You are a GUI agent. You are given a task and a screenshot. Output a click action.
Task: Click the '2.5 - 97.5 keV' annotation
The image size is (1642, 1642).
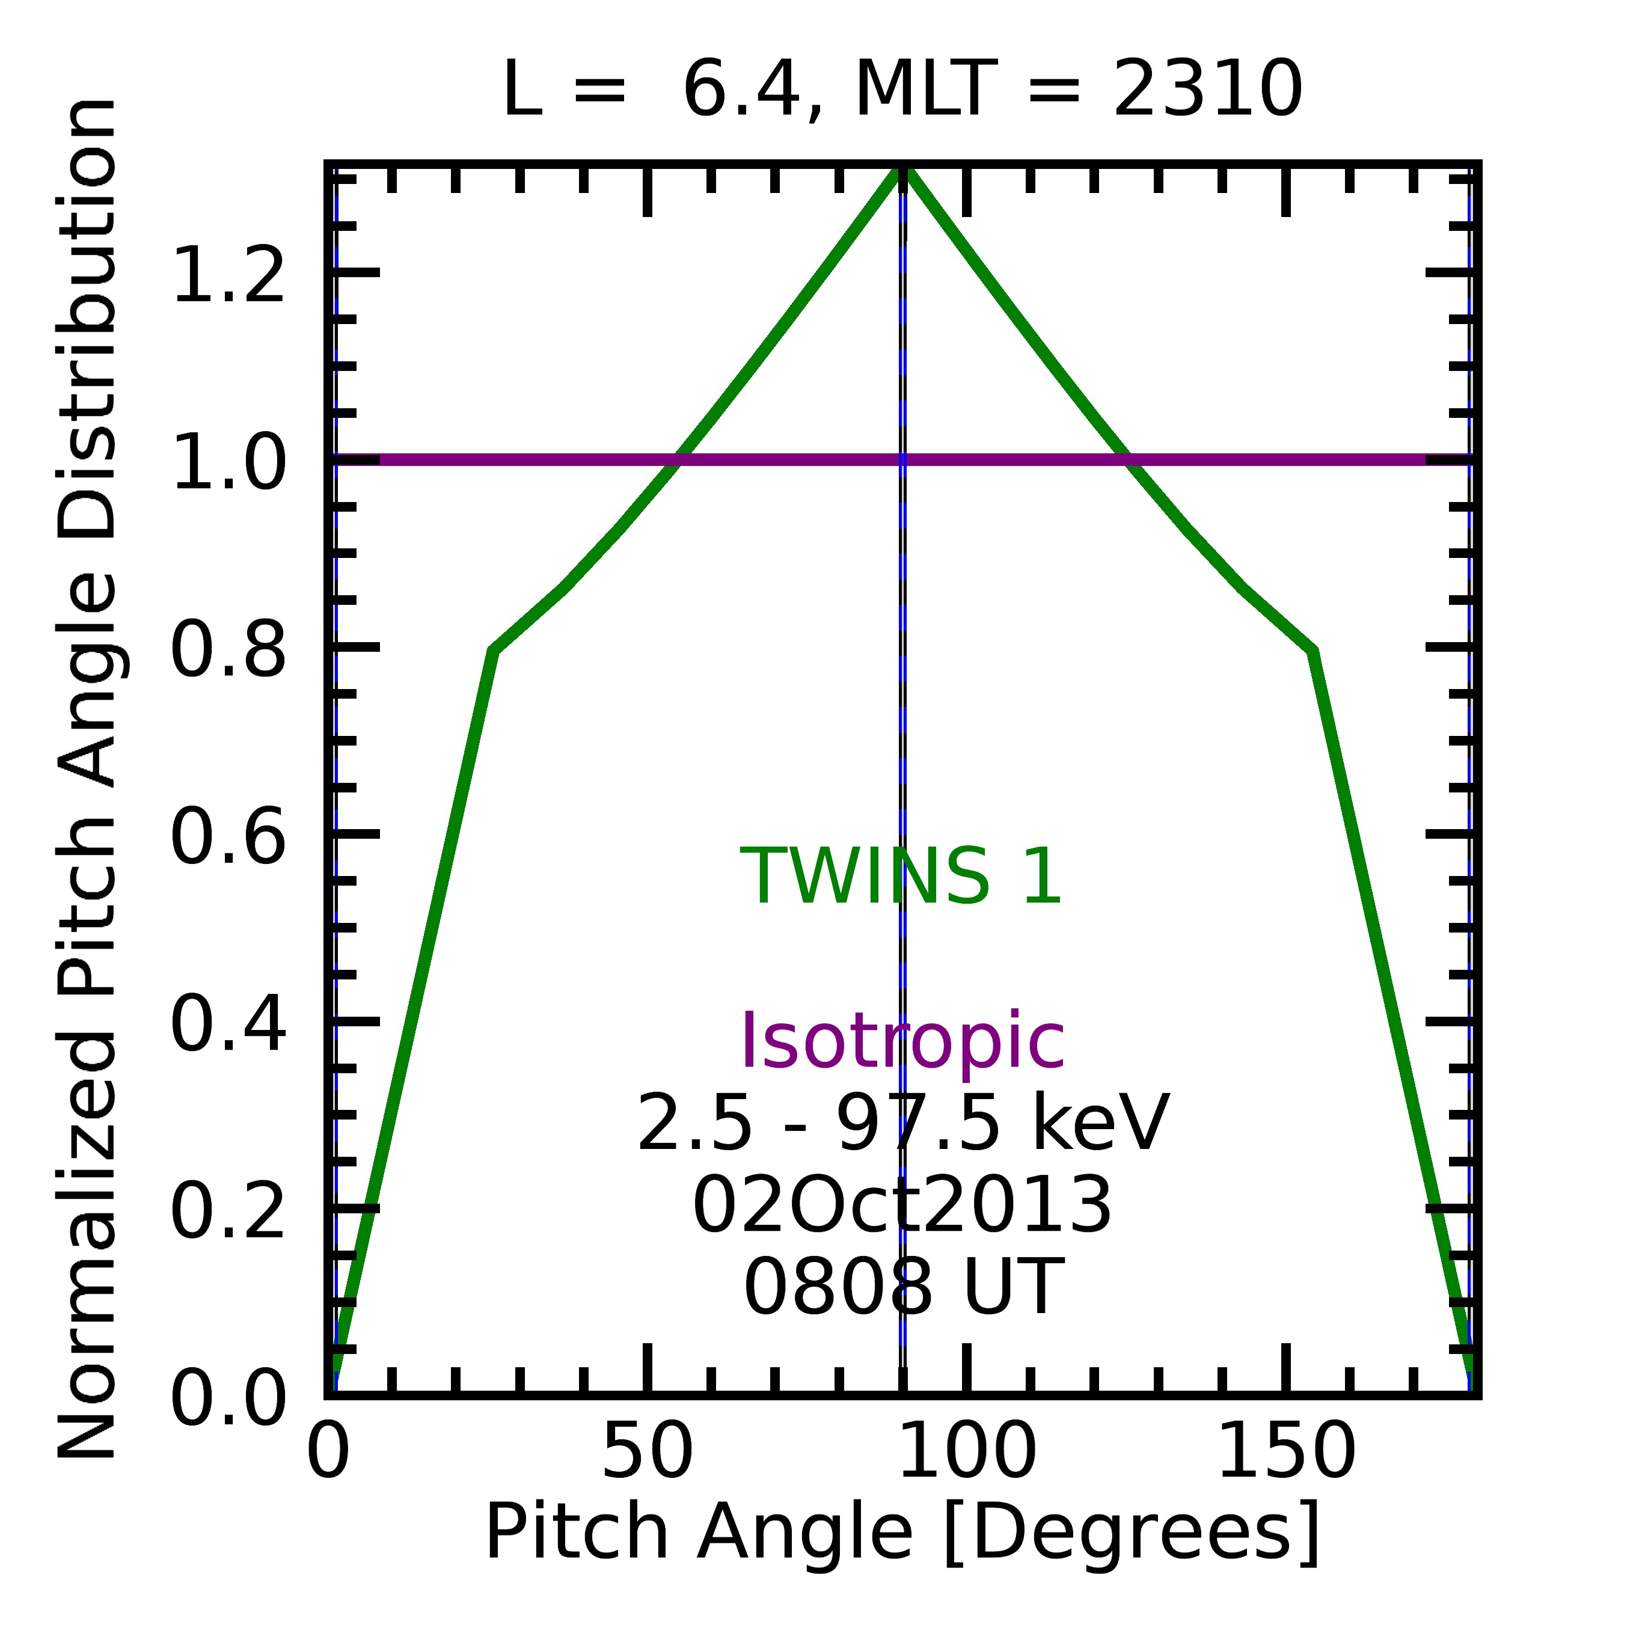(x=902, y=1124)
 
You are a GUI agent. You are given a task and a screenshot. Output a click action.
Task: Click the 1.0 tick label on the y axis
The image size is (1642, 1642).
(x=228, y=463)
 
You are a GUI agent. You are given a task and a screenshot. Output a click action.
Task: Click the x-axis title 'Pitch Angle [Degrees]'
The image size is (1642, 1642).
(x=902, y=1533)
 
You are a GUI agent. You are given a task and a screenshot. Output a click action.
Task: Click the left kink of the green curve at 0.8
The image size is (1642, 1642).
(x=494, y=651)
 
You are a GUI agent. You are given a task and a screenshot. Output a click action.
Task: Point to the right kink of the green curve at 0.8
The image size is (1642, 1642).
(x=1313, y=651)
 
